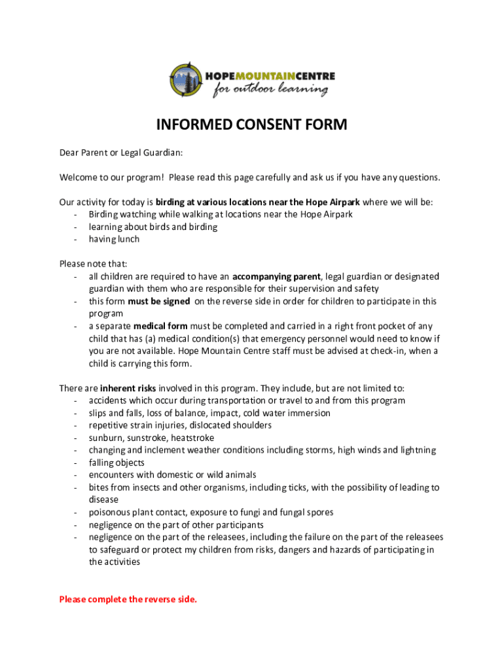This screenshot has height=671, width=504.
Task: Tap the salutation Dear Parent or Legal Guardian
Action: (x=121, y=153)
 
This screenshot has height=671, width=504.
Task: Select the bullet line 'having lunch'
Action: (x=114, y=239)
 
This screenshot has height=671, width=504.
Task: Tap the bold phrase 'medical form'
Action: (x=160, y=326)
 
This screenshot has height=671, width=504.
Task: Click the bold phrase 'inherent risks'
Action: (x=128, y=388)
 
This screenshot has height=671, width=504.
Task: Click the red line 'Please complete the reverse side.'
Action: (x=128, y=599)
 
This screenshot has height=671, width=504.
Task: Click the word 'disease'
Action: (x=103, y=500)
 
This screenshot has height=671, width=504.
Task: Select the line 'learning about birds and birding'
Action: (x=153, y=227)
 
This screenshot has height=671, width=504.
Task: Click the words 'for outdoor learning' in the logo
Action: (x=270, y=89)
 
